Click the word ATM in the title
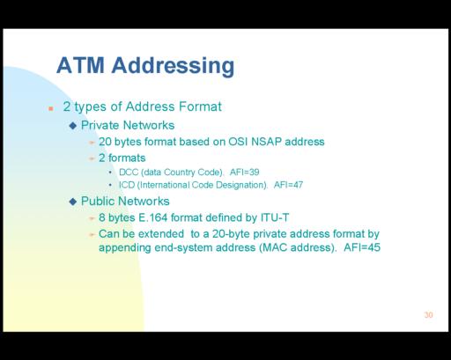[x=80, y=65]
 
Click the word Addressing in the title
[x=173, y=67]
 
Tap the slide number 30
[x=428, y=315]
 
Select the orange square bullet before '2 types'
[x=51, y=108]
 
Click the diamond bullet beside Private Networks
[x=73, y=126]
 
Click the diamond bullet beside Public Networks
[x=73, y=202]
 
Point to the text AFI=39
[x=245, y=172]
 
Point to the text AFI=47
[x=288, y=185]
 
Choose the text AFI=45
[x=362, y=247]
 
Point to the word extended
[x=161, y=234]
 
